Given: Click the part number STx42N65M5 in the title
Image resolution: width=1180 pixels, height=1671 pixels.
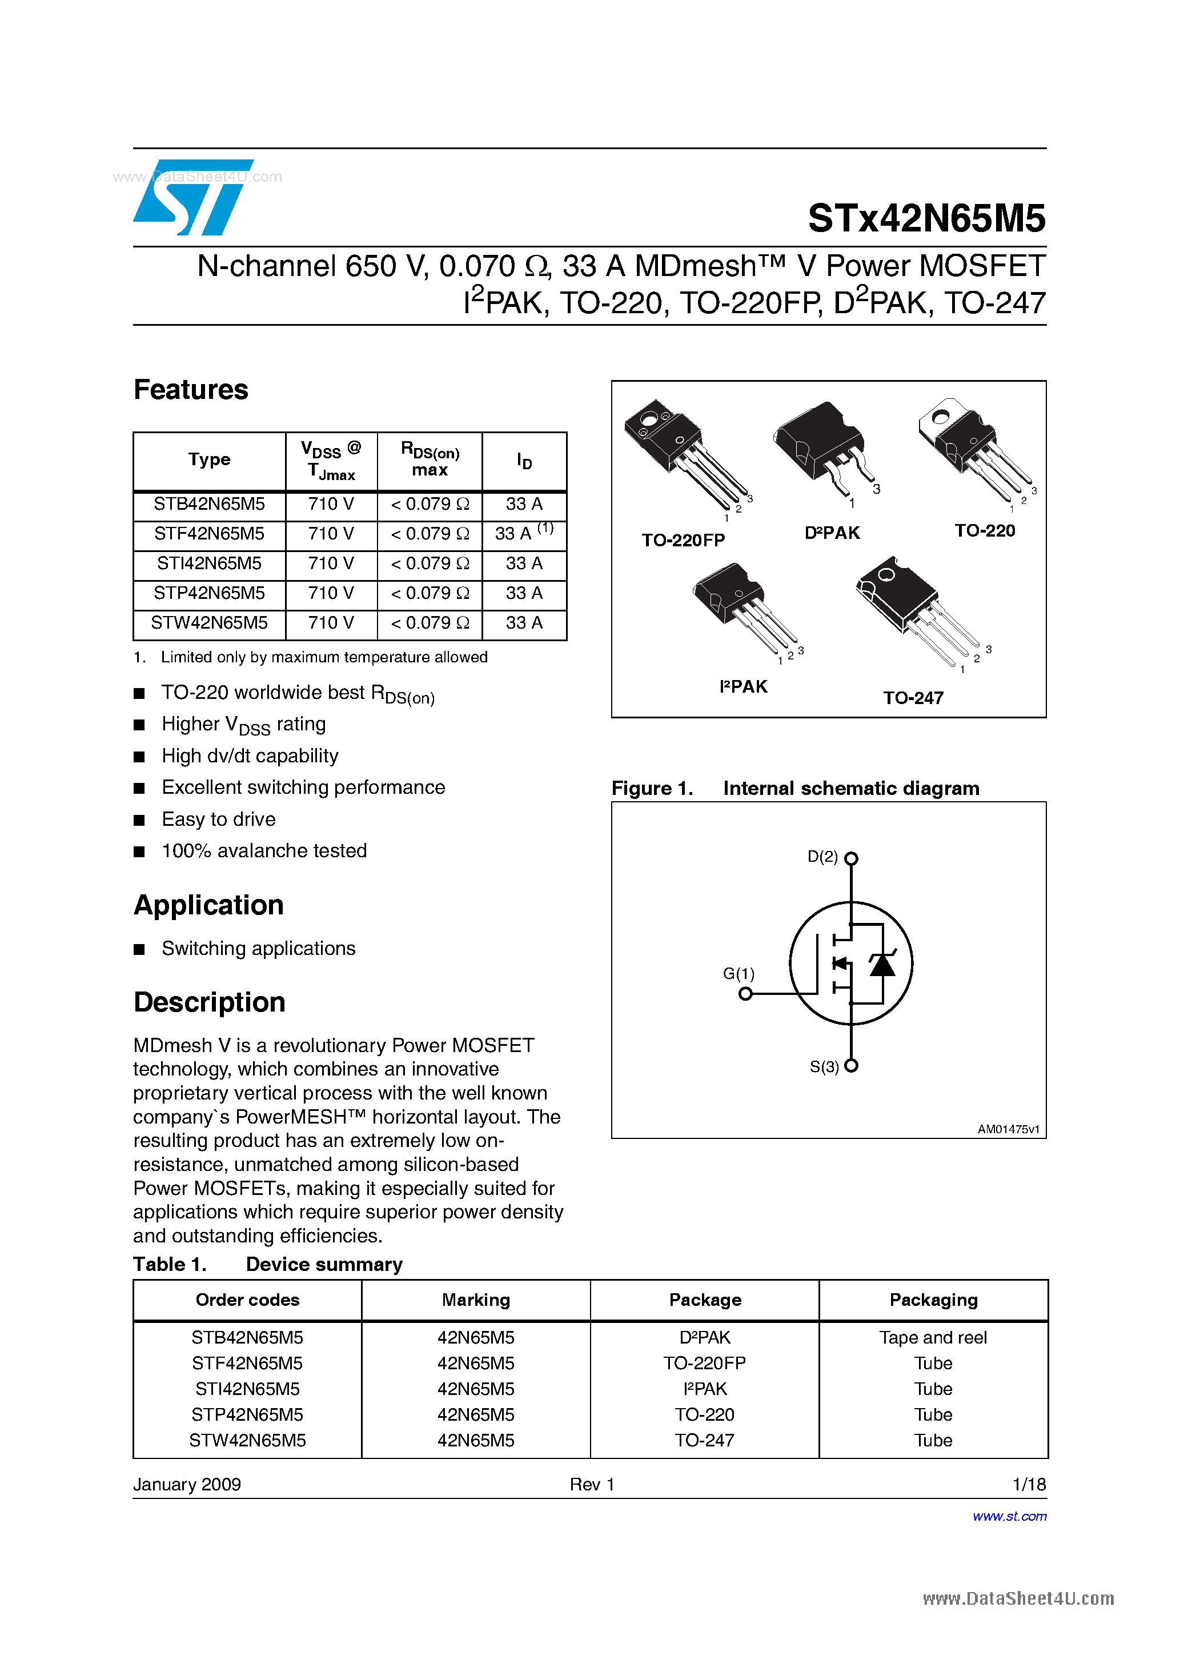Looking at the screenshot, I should click(926, 218).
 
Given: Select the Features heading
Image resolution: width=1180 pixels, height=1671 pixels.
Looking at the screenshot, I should click(191, 390).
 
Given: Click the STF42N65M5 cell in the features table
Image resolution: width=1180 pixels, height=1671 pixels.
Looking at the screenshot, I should click(209, 534).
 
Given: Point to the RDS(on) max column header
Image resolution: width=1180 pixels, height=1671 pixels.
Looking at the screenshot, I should click(430, 460).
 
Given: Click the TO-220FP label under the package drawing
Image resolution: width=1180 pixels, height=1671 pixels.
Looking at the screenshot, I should click(683, 540).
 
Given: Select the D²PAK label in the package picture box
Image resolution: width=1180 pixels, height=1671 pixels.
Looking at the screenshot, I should click(832, 533).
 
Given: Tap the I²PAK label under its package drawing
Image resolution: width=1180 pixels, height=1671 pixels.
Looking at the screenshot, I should click(742, 687).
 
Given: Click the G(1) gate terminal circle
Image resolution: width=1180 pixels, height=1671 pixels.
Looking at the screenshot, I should click(745, 994).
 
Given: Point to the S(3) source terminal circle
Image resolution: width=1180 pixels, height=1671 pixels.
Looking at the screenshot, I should click(851, 1066).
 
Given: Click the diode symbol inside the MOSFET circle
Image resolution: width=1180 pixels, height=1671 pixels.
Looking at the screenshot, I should click(882, 965).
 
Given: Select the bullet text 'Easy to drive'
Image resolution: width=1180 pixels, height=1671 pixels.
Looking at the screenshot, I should click(218, 819).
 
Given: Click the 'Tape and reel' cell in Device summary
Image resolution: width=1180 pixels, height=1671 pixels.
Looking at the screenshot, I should click(933, 1338).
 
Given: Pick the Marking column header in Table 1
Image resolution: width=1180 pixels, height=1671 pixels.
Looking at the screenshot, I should click(476, 1300).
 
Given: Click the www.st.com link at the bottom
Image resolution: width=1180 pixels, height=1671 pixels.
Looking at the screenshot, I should click(1009, 1516).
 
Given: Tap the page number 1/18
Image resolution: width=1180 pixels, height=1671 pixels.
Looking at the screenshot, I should click(1029, 1484).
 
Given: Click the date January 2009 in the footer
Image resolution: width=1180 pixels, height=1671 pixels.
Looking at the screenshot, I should click(187, 1484).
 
